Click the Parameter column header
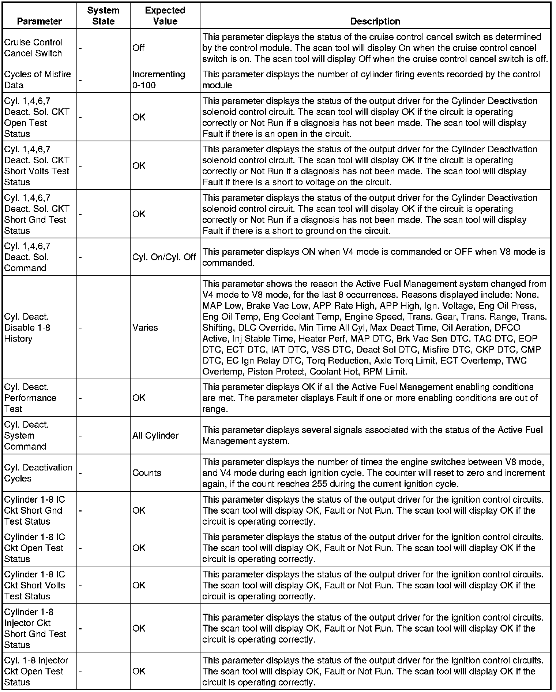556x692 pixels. (40, 21)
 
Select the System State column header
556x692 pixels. (103, 16)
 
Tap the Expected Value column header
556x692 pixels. (165, 16)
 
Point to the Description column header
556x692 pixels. (375, 21)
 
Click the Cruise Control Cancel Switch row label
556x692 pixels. (33, 48)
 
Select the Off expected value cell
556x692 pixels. (139, 48)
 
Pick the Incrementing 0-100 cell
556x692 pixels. (158, 79)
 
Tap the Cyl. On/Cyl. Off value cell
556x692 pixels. (164, 257)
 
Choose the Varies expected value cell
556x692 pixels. (145, 328)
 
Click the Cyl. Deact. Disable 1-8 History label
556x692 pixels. (27, 328)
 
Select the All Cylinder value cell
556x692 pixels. (155, 435)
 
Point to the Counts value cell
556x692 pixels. (147, 473)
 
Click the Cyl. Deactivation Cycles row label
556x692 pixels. (38, 473)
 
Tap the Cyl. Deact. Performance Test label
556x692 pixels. (30, 398)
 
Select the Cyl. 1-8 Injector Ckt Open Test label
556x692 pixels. (36, 671)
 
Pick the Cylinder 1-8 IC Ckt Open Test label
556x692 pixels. (34, 548)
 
